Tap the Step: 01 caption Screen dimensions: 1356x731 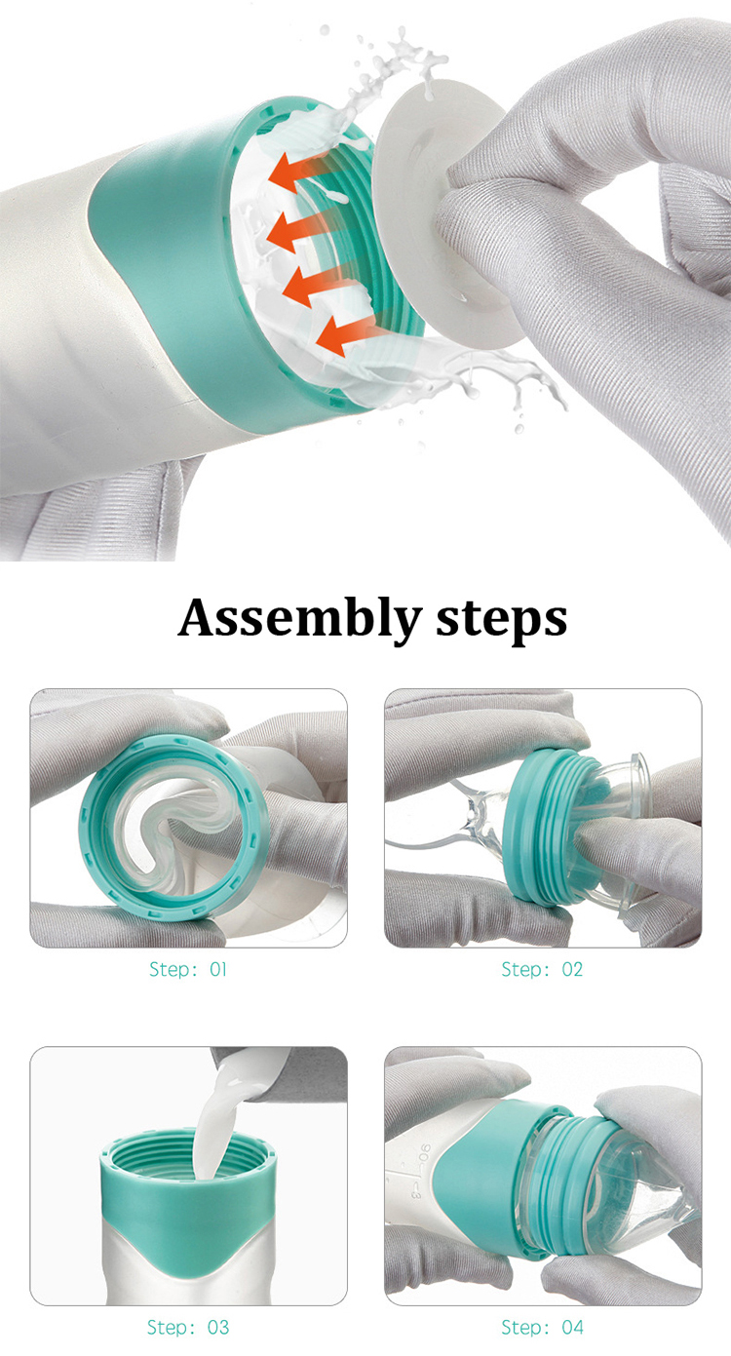[188, 970]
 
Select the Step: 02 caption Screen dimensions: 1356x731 [542, 970]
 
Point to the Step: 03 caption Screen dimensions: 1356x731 [188, 1327]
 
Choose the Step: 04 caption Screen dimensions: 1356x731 [542, 1327]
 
